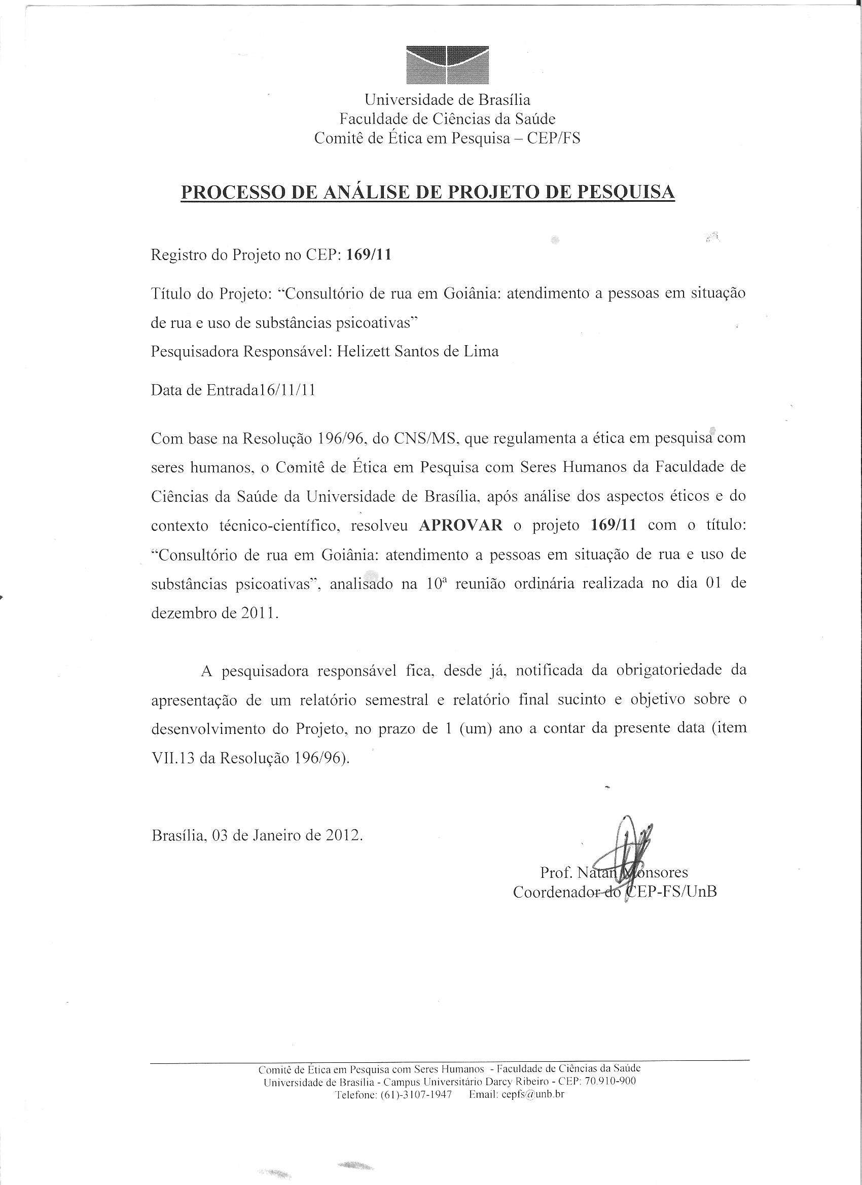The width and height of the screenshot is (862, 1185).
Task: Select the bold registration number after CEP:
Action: [369, 256]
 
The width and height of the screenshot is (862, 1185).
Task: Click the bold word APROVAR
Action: [460, 526]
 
